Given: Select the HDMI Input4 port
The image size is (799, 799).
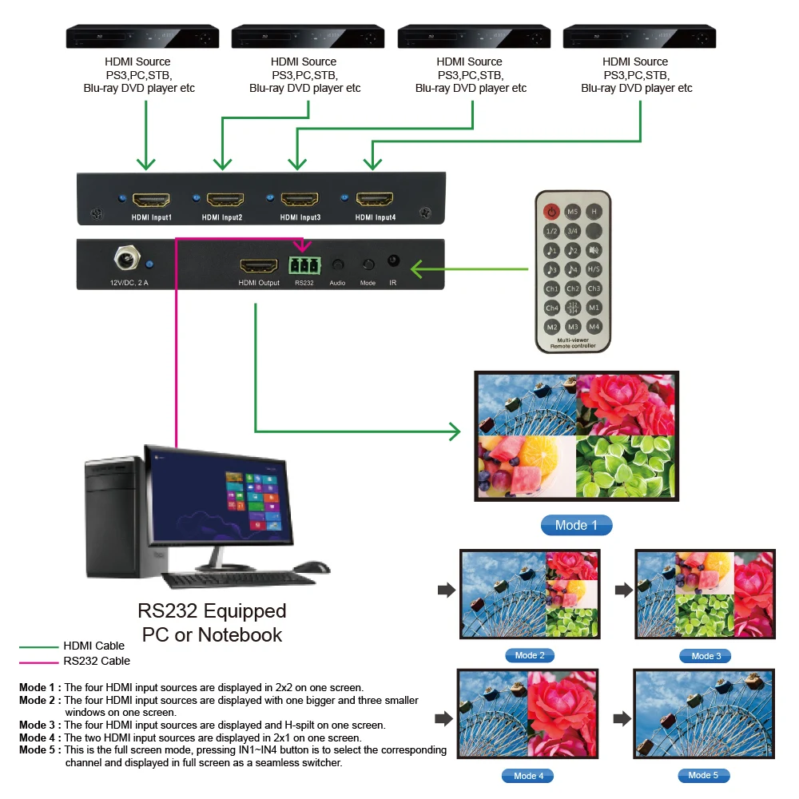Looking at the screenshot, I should click(x=375, y=199).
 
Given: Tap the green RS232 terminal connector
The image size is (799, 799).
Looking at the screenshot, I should click(x=304, y=264).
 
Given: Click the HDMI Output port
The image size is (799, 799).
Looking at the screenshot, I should click(x=258, y=265).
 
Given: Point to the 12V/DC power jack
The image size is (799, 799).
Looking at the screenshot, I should click(x=126, y=260).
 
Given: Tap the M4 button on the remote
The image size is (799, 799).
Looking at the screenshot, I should click(x=594, y=327).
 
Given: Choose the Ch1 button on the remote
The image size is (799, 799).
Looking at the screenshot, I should click(x=551, y=288).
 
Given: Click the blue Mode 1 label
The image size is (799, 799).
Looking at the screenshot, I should click(x=576, y=525).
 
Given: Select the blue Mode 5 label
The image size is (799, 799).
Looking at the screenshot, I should click(x=703, y=775).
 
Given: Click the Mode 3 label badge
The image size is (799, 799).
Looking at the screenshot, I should click(x=706, y=656).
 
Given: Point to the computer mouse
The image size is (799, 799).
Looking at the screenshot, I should click(x=312, y=567).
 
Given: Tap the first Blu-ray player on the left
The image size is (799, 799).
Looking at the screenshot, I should click(x=142, y=37).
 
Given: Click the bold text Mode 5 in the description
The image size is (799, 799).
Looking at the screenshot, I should click(x=39, y=750).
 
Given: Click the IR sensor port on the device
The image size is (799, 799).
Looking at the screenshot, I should click(x=393, y=261).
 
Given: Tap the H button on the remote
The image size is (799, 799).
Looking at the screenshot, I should click(x=594, y=212).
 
